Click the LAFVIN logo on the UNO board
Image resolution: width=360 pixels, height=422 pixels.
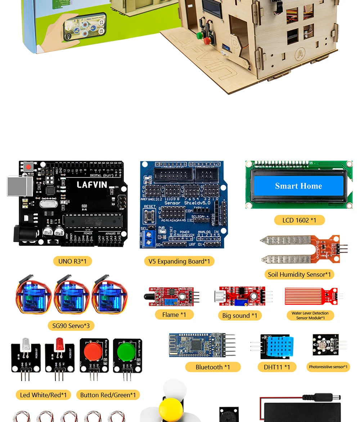tap(92, 185)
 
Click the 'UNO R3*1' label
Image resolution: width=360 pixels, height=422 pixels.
tap(72, 261)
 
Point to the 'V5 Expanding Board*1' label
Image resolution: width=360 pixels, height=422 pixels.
tap(179, 261)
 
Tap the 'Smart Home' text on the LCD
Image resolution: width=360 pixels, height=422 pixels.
tap(298, 186)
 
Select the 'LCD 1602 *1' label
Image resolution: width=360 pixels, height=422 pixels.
tap(299, 220)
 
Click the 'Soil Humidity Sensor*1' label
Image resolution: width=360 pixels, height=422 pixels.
tap(299, 275)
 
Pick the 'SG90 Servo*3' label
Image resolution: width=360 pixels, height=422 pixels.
tap(71, 326)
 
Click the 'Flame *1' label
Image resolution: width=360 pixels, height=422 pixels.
tap(174, 315)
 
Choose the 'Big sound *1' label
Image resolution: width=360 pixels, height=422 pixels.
tap(240, 316)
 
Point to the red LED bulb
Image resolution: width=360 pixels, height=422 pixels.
tap(59, 344)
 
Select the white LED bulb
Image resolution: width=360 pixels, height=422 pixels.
tap(26, 344)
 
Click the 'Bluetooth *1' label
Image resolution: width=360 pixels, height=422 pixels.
tap(213, 367)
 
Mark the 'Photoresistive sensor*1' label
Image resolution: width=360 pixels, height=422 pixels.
tap(328, 367)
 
